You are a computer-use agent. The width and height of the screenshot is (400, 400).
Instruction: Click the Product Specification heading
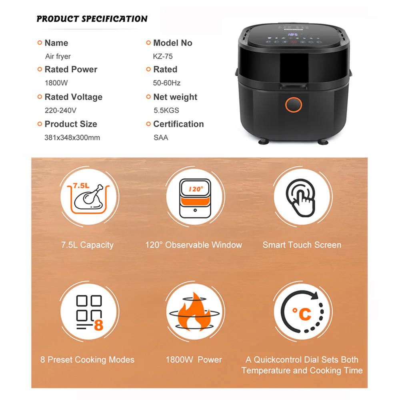click(x=92, y=19)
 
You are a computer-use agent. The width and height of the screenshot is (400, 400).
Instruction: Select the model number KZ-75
click(x=163, y=56)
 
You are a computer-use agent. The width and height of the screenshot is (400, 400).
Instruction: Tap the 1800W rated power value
click(x=56, y=83)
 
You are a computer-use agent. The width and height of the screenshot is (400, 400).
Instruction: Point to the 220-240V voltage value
click(x=60, y=110)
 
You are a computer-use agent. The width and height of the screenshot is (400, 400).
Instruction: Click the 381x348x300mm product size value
click(x=72, y=138)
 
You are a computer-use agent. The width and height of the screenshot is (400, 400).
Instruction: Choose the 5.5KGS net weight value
click(x=166, y=110)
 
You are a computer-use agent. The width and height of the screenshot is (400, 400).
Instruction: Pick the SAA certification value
click(x=161, y=138)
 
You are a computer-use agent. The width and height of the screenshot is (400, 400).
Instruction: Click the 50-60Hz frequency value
click(x=166, y=83)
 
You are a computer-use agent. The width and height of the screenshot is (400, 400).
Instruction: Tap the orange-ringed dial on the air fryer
click(x=293, y=104)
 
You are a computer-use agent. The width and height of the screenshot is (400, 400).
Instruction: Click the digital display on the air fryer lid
click(x=293, y=34)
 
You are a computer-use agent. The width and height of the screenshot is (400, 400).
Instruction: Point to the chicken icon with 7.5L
click(x=88, y=197)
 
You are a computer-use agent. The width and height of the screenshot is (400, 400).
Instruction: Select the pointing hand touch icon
click(x=301, y=198)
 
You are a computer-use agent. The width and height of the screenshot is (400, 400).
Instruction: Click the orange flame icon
click(x=195, y=312)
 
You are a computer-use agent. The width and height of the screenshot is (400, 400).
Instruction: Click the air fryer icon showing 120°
click(x=195, y=198)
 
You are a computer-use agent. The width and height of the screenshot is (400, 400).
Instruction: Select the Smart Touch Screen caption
click(x=302, y=245)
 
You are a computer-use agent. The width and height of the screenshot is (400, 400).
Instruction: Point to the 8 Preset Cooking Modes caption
click(x=87, y=360)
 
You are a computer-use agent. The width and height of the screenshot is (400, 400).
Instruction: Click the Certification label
click(x=178, y=124)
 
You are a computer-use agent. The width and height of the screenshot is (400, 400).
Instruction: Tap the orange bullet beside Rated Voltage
click(x=40, y=97)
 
